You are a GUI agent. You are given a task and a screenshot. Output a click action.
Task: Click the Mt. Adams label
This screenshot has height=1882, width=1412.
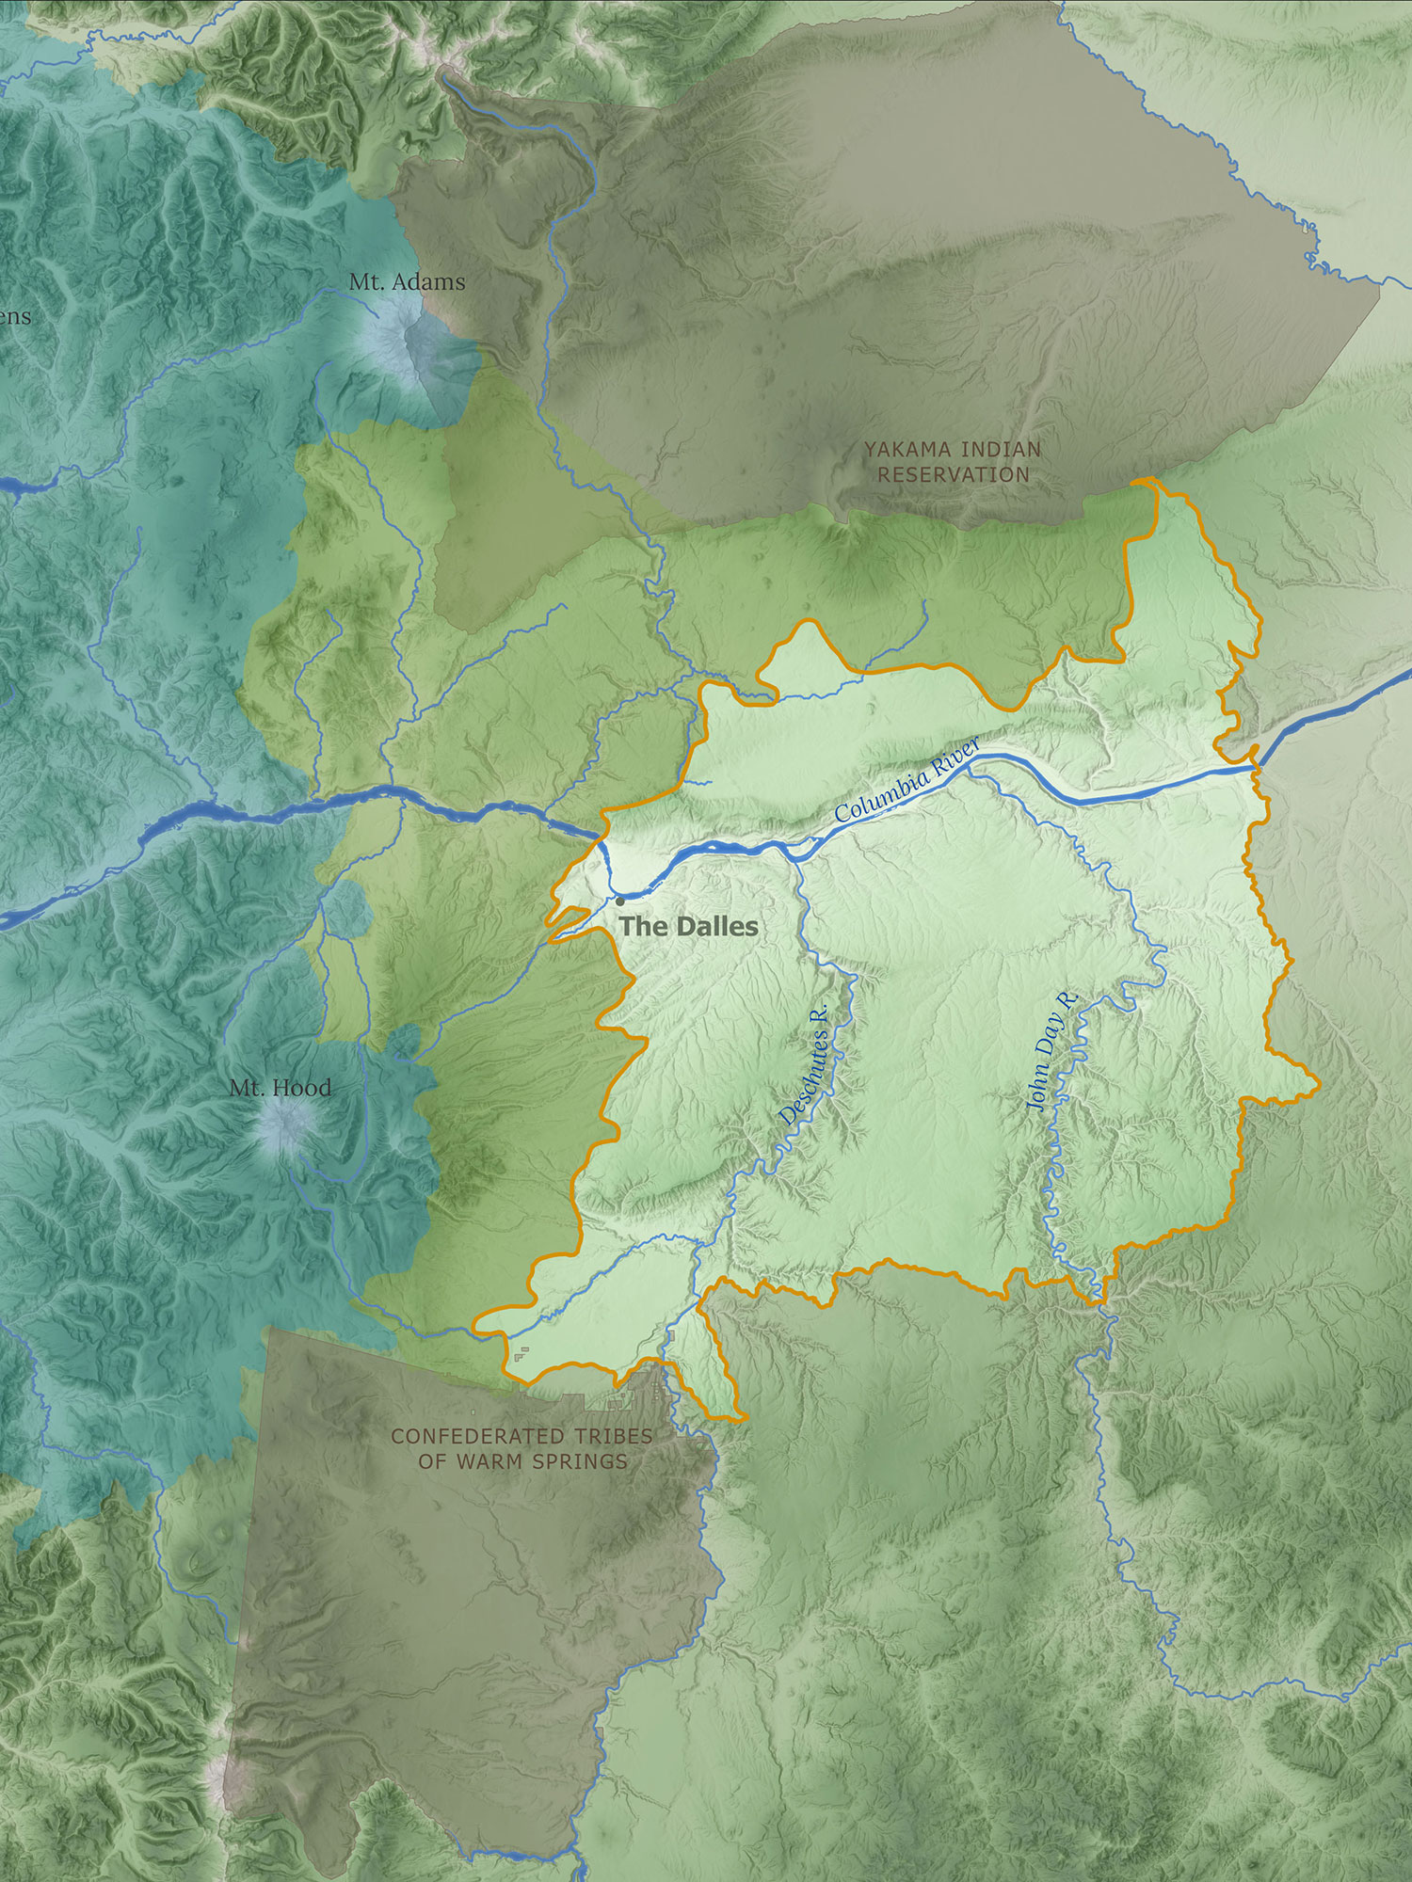point(407,281)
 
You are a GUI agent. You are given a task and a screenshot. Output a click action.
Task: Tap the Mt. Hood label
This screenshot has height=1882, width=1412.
point(281,1088)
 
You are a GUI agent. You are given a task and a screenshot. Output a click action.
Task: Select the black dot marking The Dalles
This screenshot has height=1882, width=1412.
point(619,901)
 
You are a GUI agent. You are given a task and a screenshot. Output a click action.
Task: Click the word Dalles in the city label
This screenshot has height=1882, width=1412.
point(713,927)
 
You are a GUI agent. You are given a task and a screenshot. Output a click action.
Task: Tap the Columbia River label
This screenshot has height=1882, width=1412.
point(907,780)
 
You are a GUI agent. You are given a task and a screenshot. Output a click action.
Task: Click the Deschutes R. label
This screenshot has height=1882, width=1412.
point(805,1063)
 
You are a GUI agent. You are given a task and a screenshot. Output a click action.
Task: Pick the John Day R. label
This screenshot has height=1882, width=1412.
point(1052,1051)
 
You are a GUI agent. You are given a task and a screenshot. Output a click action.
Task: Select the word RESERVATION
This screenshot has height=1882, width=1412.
point(954,475)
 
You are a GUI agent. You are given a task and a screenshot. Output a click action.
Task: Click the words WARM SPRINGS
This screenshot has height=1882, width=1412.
point(541,1461)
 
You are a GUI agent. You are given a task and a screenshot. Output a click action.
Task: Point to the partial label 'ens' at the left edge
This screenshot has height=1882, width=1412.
point(14,317)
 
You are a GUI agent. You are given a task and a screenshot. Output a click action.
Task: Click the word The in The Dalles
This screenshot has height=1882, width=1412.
point(641,927)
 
